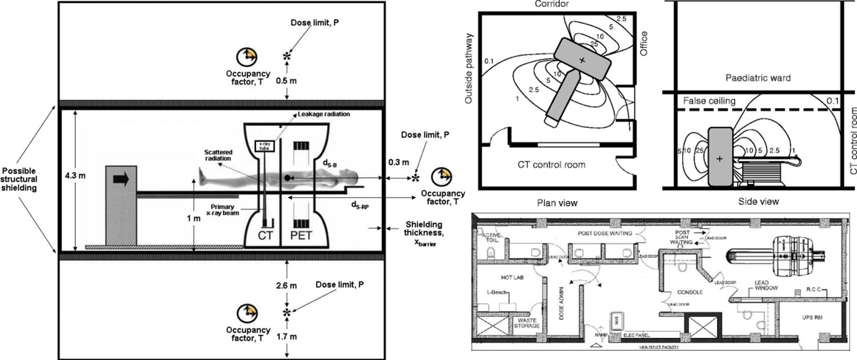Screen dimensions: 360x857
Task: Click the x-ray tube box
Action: pyautogui.click(x=265, y=146)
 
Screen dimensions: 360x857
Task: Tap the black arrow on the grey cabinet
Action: pyautogui.click(x=121, y=180)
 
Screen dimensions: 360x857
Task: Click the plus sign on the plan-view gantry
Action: pyautogui.click(x=582, y=60)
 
